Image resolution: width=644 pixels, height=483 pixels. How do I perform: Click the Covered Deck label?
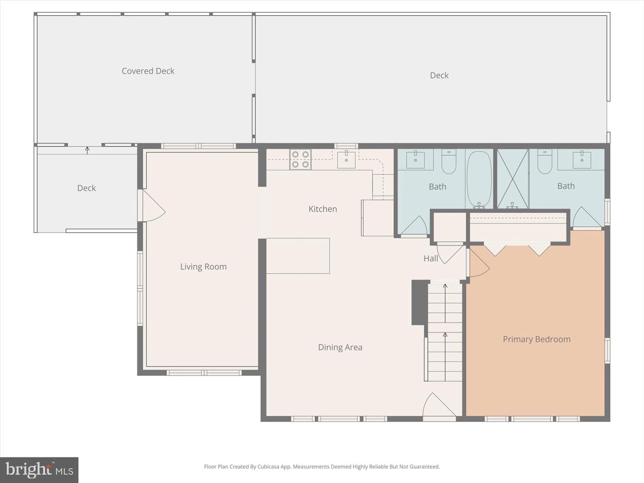(148, 71)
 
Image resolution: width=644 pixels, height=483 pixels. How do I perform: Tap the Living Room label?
(203, 267)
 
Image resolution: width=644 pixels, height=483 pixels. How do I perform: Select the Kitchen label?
(323, 209)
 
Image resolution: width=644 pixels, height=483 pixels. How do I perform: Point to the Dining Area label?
(340, 347)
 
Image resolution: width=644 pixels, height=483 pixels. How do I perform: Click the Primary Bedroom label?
(537, 339)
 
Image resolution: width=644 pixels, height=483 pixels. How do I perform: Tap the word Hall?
(431, 258)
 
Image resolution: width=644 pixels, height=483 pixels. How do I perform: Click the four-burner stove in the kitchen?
(301, 159)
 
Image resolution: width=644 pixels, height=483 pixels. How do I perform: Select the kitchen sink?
(346, 160)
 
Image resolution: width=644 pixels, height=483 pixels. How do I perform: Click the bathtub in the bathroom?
(479, 179)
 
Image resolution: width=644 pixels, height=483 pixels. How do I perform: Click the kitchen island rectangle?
(298, 256)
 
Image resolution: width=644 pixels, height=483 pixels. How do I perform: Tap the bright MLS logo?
(39, 470)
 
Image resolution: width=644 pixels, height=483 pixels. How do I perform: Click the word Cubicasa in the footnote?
(268, 466)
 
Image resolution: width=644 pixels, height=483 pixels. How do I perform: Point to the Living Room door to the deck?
(152, 206)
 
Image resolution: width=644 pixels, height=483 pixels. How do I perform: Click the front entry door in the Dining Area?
(439, 405)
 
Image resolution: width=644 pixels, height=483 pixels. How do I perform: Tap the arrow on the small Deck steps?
(87, 150)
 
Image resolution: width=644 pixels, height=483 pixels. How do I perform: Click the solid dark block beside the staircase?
(420, 302)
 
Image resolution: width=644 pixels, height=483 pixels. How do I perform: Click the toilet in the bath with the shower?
(545, 161)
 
